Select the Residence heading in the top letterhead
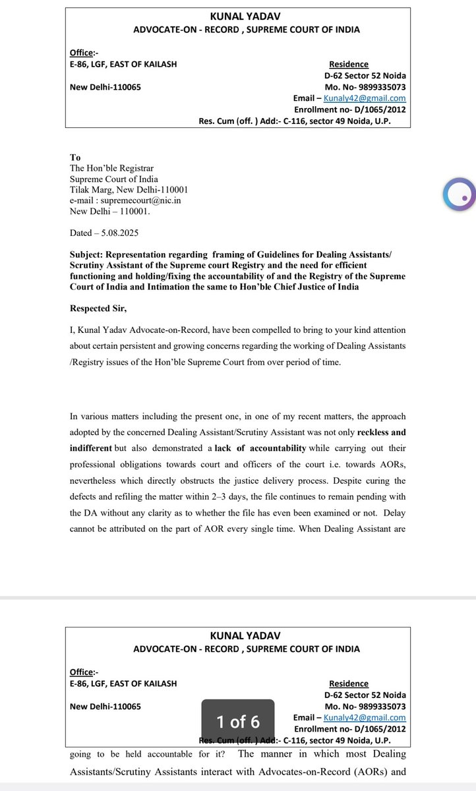348,64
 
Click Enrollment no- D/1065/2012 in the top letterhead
349,109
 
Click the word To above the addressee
75,158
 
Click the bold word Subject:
91,254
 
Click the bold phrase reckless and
381,432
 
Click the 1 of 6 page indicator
239,722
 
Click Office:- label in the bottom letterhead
83,672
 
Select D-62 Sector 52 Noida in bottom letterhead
365,695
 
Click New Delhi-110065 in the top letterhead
105,87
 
